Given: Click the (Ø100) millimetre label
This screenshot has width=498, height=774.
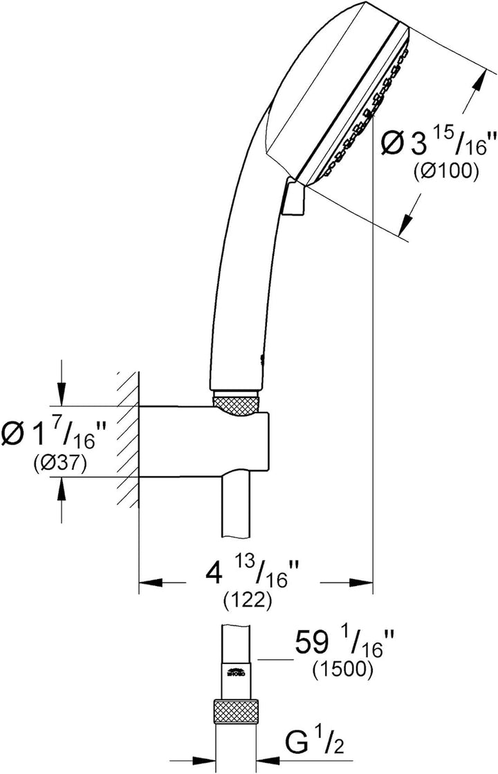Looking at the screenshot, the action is [445, 171].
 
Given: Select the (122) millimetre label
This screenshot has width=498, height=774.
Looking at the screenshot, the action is [246, 601].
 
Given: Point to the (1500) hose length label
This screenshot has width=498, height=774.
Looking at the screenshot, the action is [342, 669].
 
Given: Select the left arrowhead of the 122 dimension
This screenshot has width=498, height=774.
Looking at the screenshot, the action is [151, 583].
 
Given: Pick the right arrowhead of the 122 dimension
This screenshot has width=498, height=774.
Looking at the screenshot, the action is [360, 583].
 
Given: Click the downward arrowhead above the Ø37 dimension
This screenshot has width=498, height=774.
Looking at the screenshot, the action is [62, 395].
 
